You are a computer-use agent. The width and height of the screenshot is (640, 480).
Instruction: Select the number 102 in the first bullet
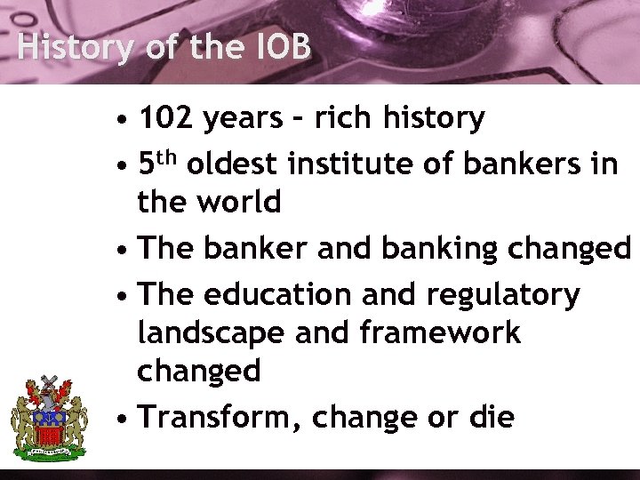click(170, 117)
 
